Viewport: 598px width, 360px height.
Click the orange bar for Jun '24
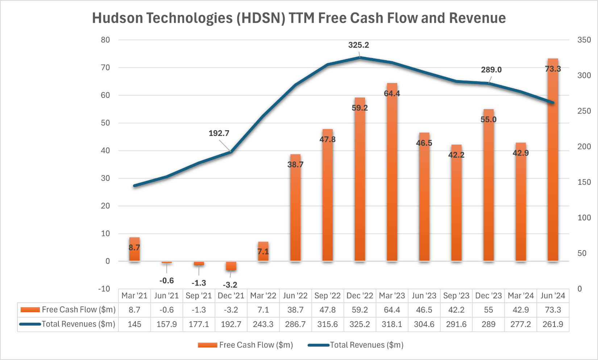(x=553, y=163)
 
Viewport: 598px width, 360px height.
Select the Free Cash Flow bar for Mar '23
(x=392, y=174)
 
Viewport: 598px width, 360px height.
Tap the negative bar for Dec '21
(x=231, y=266)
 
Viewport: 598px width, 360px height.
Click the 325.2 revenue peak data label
(x=358, y=45)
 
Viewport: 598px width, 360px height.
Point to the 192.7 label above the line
(x=219, y=133)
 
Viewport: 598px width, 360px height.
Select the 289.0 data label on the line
(x=491, y=70)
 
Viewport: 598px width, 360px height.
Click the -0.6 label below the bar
(x=167, y=281)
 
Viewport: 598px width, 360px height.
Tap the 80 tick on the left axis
(x=105, y=40)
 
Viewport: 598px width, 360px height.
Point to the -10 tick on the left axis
(x=104, y=289)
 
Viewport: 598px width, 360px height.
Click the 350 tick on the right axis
(x=584, y=40)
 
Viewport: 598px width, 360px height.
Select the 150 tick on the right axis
(x=584, y=182)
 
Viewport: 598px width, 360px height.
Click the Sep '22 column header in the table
(x=327, y=296)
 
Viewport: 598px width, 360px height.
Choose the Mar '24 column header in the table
(x=521, y=296)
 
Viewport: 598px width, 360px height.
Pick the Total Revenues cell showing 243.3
(x=263, y=324)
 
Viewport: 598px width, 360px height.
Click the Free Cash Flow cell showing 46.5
(x=424, y=310)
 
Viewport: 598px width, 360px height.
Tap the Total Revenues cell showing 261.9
(x=553, y=324)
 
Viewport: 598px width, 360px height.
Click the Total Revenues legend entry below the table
(x=366, y=345)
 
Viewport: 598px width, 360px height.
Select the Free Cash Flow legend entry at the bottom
(x=256, y=345)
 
